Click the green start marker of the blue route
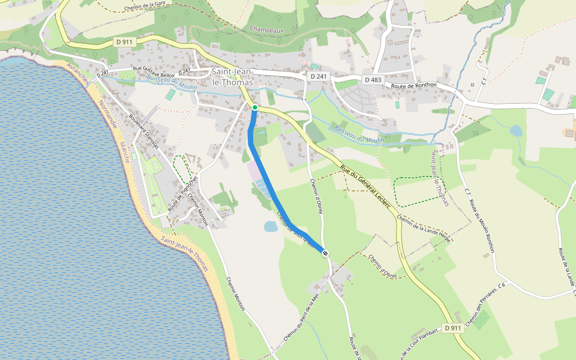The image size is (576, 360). [x=255, y=107]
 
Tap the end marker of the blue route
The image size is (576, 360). [x=325, y=254]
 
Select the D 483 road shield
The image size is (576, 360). [x=373, y=79]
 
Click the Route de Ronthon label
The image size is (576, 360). [x=413, y=86]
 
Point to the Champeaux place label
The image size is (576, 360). [x=266, y=29]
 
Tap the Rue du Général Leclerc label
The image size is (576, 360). [x=365, y=186]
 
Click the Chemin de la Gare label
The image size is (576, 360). [x=145, y=6]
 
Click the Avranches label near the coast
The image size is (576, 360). [x=79, y=73]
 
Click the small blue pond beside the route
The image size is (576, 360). [x=271, y=226]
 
